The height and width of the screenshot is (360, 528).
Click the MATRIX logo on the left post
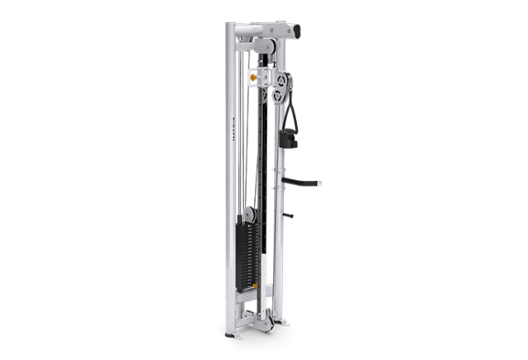click(x=233, y=133)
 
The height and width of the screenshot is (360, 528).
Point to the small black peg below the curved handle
click(x=289, y=216)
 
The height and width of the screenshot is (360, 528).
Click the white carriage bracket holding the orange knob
click(x=259, y=78)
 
